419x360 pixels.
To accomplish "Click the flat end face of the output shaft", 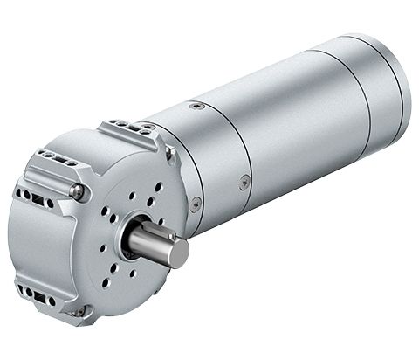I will pos(177,253).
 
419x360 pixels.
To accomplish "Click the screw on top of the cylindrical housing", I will pos(198,106).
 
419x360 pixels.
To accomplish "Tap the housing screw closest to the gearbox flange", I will pos(196,204).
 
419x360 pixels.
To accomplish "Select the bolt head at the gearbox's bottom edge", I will pos(79,311).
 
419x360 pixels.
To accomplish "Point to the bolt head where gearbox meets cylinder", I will pos(171,156).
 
